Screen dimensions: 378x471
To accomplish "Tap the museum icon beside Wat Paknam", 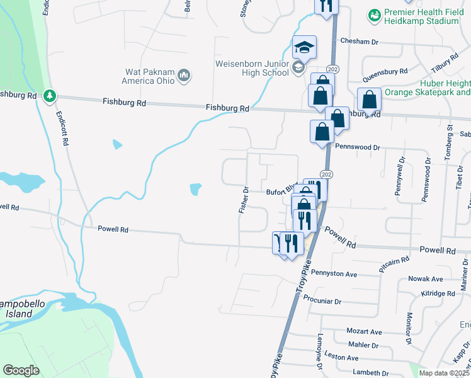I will tap(184, 76).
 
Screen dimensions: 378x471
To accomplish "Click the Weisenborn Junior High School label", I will tap(252, 68).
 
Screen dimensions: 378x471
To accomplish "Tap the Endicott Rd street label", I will tap(62, 129).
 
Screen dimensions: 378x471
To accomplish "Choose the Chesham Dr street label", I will tap(358, 41).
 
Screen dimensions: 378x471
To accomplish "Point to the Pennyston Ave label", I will tap(334, 274).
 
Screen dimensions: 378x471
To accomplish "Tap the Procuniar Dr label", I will tap(322, 300).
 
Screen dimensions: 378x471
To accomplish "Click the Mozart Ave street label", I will tap(364, 331).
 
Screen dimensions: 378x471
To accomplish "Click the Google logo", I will tap(21, 370).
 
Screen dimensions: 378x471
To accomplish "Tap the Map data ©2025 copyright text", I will tap(443, 373).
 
